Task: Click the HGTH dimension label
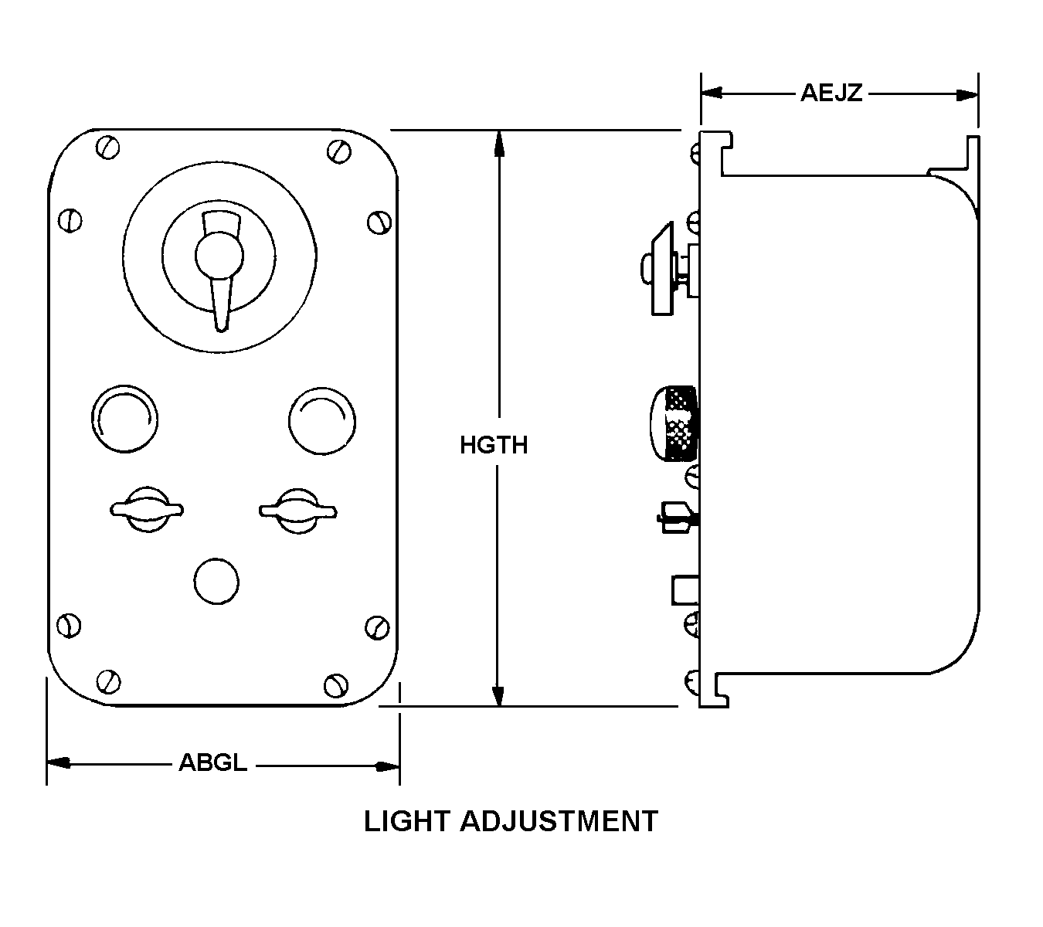tap(494, 445)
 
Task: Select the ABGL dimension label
tap(213, 762)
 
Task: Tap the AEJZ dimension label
tap(831, 93)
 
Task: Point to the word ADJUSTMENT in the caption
tap(559, 821)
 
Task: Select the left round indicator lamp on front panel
tap(124, 419)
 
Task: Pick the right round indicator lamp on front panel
tap(322, 419)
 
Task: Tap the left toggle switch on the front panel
tap(147, 508)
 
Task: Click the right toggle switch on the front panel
tap(297, 509)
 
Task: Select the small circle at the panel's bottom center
tap(216, 582)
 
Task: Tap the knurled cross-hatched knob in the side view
tap(674, 423)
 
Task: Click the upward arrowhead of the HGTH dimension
tap(499, 143)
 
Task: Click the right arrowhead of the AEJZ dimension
tap(967, 94)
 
